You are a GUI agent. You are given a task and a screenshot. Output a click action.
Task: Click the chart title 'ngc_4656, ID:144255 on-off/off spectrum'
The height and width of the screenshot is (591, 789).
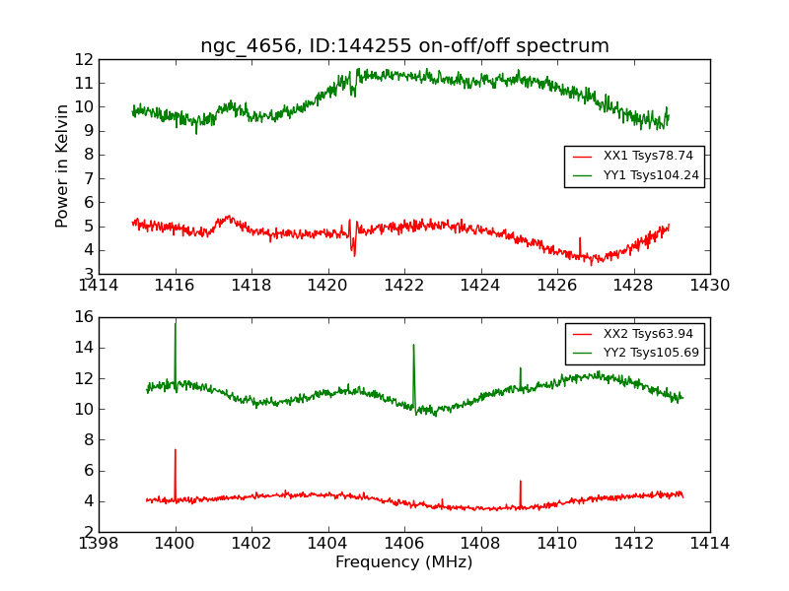[x=404, y=46]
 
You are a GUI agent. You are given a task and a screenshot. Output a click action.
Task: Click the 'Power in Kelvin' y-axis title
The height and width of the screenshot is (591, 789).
[x=62, y=165]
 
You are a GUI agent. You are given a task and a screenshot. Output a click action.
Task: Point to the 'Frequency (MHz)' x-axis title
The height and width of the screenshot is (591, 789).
[x=404, y=562]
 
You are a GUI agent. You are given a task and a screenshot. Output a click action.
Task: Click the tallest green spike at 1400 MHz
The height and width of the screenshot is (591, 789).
[x=176, y=324]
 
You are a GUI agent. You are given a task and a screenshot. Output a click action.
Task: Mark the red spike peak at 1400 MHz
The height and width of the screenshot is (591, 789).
[x=176, y=450]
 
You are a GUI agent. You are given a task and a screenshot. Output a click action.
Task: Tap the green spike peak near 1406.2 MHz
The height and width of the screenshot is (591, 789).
[x=413, y=345]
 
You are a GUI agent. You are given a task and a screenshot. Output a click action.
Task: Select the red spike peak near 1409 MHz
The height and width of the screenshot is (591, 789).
[x=520, y=482]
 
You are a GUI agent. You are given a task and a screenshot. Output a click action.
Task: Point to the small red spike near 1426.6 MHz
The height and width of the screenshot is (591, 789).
[x=580, y=238]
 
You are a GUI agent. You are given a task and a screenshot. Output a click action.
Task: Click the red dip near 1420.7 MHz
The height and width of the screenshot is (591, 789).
[x=354, y=254]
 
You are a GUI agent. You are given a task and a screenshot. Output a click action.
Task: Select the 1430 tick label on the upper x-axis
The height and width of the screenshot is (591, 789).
[x=709, y=286]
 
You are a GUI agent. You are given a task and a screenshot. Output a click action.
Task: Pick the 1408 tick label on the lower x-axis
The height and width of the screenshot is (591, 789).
[x=481, y=544]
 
